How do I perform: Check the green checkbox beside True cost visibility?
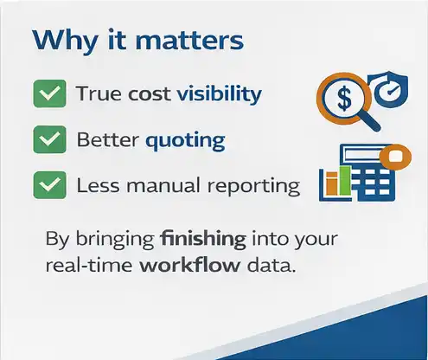tap(48, 93)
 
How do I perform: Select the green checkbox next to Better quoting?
tap(48, 139)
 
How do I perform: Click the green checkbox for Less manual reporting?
tap(48, 184)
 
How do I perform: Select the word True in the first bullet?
tap(96, 93)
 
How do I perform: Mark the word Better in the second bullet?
tap(105, 139)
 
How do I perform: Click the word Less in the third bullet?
tap(96, 185)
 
